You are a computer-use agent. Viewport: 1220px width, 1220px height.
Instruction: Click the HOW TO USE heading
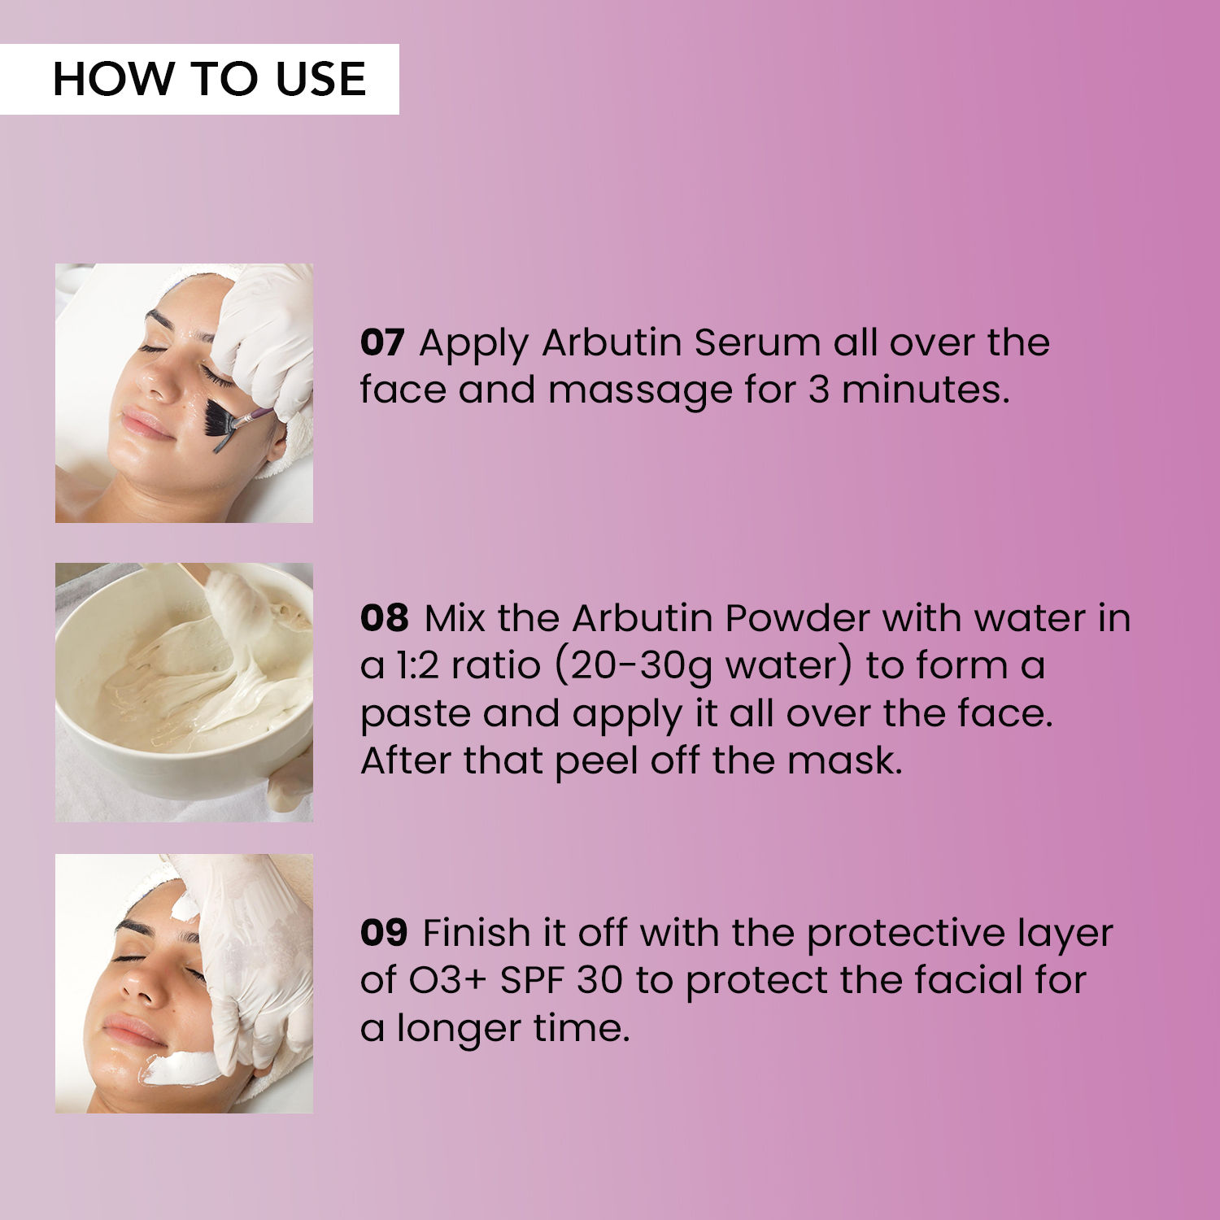[209, 79]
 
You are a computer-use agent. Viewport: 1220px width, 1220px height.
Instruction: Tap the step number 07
[381, 342]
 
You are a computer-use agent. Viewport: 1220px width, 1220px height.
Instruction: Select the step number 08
[384, 618]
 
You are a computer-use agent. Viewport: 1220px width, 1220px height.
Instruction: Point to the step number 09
[383, 932]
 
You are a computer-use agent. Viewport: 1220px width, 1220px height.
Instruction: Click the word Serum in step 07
[756, 342]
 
